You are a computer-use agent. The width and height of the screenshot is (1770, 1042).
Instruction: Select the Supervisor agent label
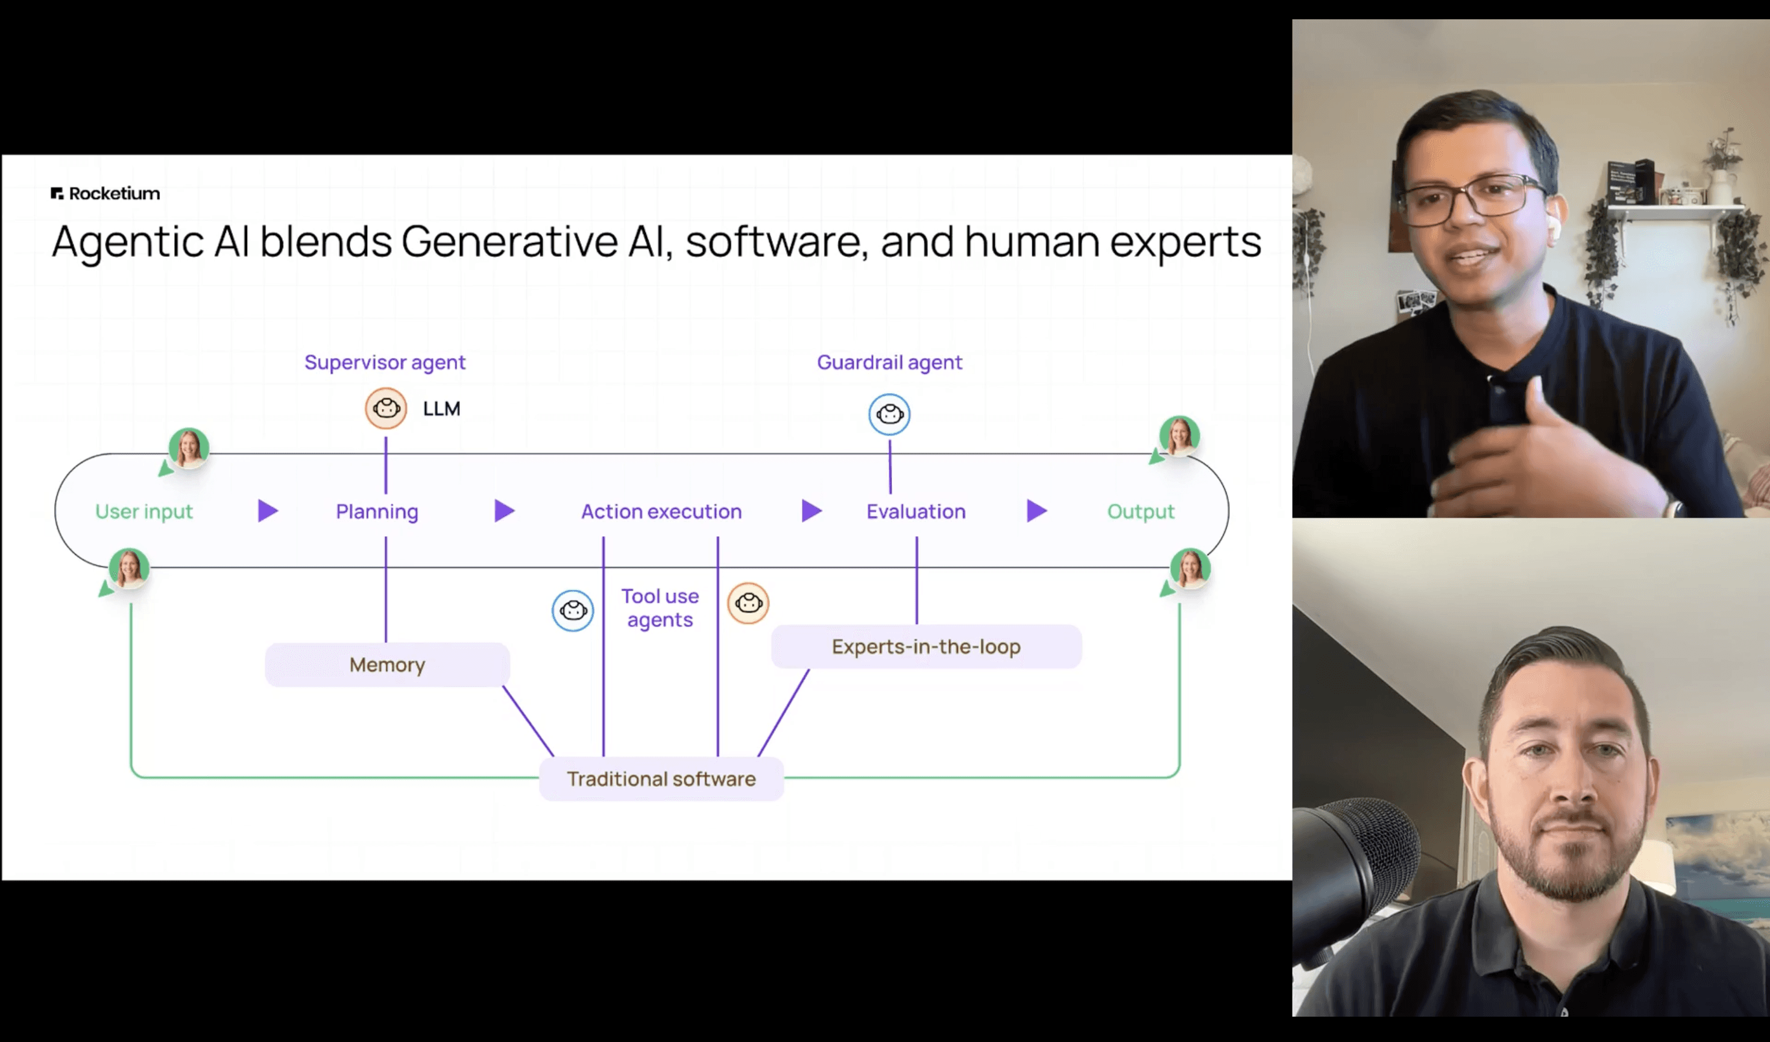[x=384, y=362]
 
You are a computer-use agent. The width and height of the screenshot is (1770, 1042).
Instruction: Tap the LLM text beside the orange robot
[x=441, y=409]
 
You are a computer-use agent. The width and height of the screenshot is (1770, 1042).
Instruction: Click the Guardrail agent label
[x=889, y=362]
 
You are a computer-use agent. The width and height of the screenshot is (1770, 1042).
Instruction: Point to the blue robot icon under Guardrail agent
[x=889, y=414]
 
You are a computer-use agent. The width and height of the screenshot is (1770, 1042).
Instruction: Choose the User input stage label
[x=144, y=511]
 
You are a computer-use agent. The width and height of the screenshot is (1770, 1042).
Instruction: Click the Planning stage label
[x=377, y=511]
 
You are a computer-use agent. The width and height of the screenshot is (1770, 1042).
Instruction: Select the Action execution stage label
[x=661, y=511]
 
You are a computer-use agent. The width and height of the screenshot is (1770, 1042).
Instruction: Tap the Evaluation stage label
[x=916, y=511]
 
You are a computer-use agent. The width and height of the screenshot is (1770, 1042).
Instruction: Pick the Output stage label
[x=1141, y=511]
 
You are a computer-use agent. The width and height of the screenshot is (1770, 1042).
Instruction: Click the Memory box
[x=387, y=665]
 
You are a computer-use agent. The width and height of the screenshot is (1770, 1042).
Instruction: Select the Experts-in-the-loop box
[x=926, y=646]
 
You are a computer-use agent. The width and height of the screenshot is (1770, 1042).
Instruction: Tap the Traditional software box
[x=661, y=778]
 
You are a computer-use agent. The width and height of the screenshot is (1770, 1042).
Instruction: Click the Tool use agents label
[x=660, y=608]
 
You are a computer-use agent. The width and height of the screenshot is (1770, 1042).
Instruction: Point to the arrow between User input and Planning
[x=267, y=511]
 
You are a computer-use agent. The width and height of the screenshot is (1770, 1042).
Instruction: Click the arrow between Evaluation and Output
[x=1036, y=511]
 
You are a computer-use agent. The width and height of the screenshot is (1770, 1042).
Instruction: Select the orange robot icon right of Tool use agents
[x=748, y=603]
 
